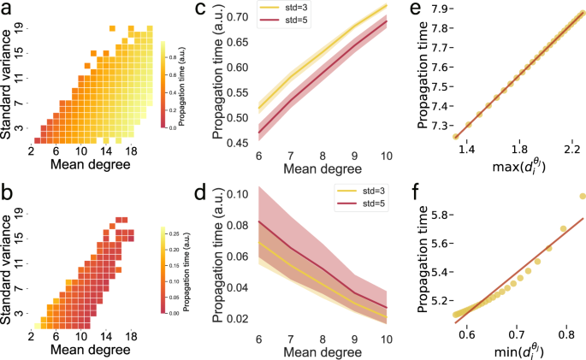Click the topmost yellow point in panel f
(x=583, y=197)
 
